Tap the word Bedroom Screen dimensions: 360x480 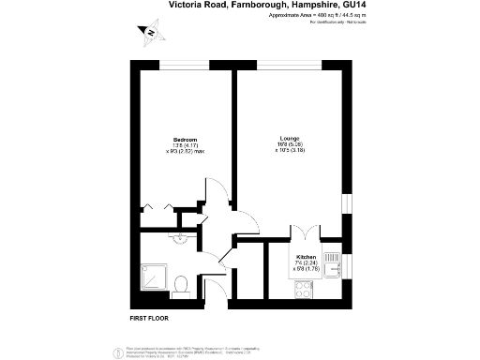click(185, 140)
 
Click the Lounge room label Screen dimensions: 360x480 click(289, 140)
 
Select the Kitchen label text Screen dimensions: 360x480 click(307, 256)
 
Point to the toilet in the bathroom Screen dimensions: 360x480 click(185, 281)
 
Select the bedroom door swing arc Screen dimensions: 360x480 click(217, 199)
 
